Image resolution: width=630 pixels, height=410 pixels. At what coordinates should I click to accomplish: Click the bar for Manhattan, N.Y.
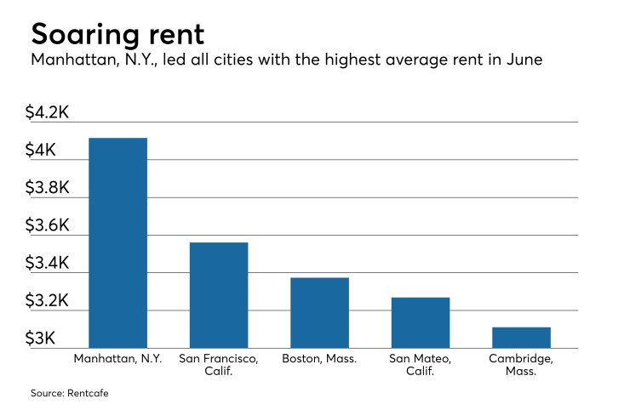(117, 242)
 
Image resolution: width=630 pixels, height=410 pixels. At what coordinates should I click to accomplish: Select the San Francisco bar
(219, 295)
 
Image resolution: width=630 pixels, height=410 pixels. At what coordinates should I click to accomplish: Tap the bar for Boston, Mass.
(319, 312)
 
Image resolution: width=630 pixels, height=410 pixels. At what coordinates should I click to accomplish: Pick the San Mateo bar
(421, 322)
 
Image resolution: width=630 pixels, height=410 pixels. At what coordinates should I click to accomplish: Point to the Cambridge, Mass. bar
(521, 337)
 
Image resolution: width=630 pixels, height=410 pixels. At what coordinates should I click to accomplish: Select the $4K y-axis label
(42, 151)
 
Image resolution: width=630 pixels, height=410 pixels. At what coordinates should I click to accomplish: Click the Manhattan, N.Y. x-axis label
(117, 359)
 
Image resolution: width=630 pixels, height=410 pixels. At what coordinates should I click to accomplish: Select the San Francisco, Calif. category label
(219, 365)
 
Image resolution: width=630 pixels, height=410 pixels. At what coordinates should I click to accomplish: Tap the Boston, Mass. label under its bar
(319, 359)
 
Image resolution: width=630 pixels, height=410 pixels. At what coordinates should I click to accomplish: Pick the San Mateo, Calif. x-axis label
(421, 365)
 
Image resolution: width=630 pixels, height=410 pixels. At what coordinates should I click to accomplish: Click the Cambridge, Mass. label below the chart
(521, 365)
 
